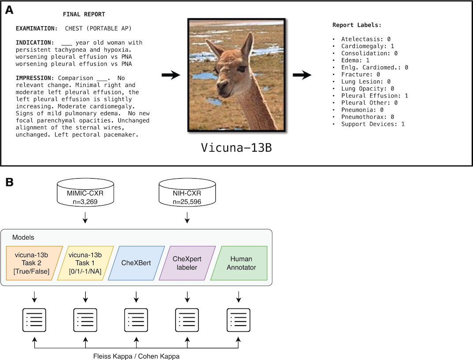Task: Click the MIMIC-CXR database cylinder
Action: (85, 192)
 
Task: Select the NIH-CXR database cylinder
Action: (187, 192)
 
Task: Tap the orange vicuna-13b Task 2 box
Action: (34, 263)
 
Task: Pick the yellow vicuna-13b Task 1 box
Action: (85, 263)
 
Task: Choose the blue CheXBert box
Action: (136, 263)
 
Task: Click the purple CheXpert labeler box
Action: (188, 263)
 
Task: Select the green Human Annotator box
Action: (239, 263)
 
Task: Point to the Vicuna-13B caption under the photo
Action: (236, 148)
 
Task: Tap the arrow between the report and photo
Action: (171, 75)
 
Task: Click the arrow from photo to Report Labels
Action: (302, 75)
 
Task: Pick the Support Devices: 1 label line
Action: (373, 124)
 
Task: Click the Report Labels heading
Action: (357, 25)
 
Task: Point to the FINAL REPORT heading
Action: (84, 14)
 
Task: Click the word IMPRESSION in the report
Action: (33, 78)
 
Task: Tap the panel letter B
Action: (9, 182)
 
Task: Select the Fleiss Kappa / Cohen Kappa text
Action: (136, 356)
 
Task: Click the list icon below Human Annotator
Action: (238, 320)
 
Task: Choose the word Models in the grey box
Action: (23, 237)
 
